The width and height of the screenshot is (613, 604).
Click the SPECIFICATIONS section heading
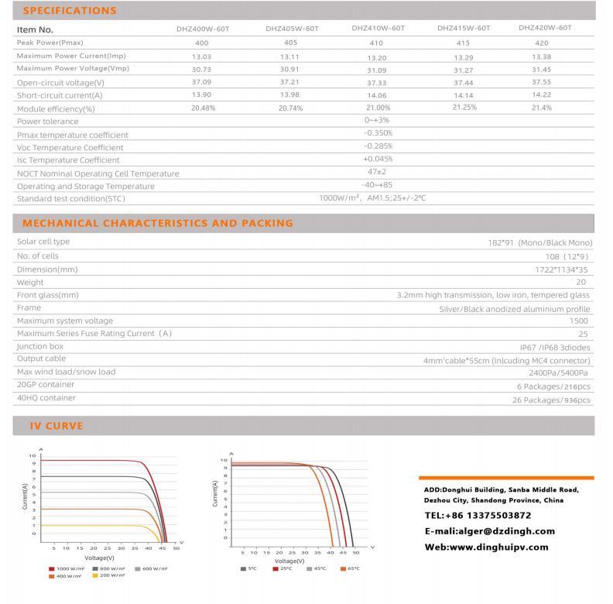click(70, 11)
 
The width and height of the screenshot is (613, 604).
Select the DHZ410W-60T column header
click(378, 28)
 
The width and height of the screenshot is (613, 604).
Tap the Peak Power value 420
click(542, 43)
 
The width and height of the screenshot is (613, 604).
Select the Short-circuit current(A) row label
click(60, 95)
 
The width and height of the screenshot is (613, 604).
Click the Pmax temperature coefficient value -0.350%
click(378, 133)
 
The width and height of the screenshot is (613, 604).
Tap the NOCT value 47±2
click(377, 172)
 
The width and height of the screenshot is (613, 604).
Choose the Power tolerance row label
click(48, 122)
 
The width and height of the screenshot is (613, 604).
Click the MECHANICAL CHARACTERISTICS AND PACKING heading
click(158, 223)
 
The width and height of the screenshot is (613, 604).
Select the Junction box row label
click(40, 346)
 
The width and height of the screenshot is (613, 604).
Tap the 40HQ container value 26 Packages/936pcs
click(551, 400)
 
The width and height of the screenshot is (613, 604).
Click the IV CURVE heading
click(56, 426)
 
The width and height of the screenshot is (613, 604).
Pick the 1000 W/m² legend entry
click(68, 568)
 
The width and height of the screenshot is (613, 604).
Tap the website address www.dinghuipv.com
click(486, 547)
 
